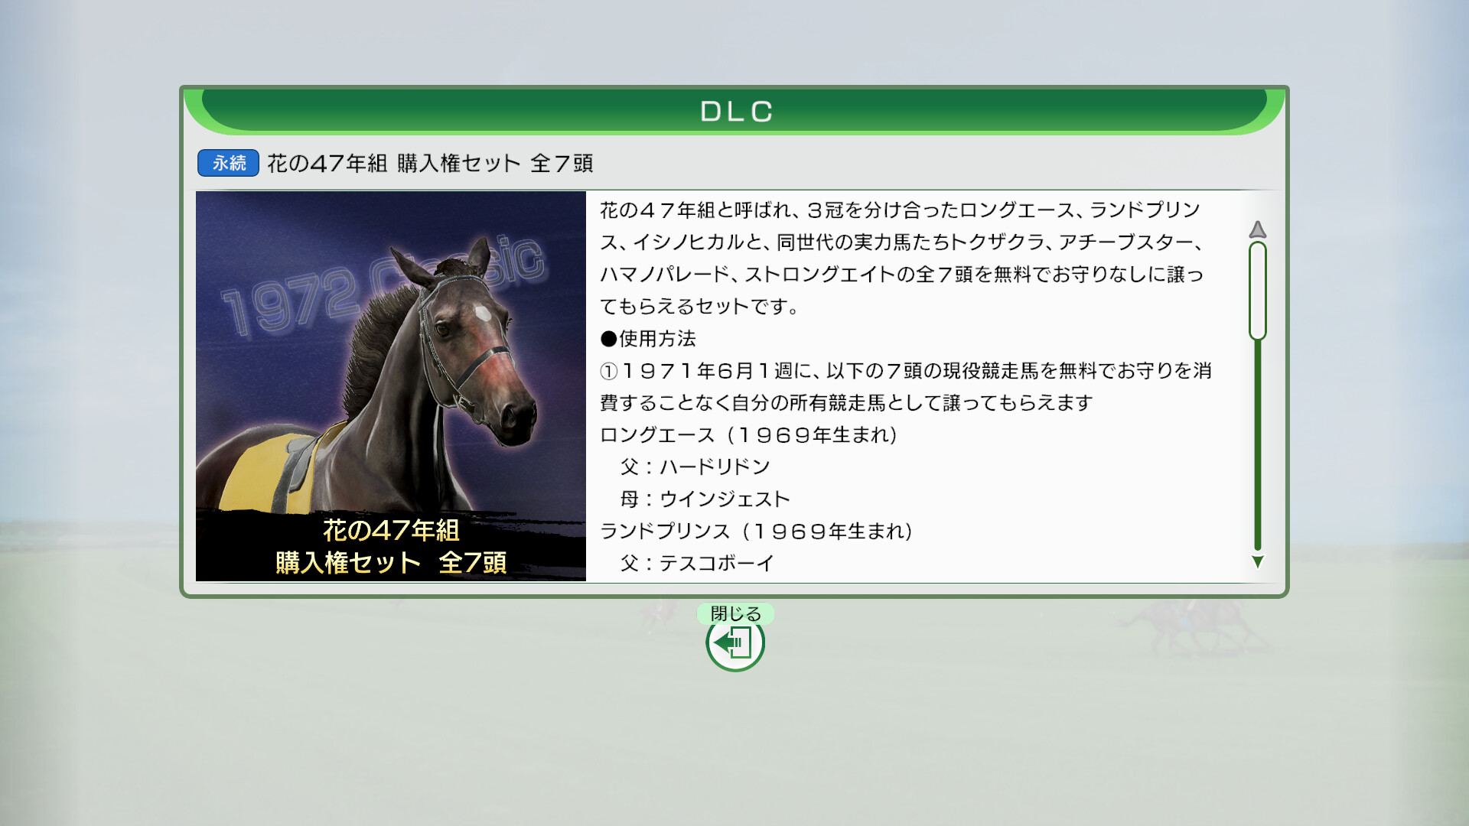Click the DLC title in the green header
736,112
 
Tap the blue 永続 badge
228,163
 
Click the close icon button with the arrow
735,643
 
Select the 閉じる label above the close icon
736,613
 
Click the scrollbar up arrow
1257,229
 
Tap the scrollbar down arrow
1257,561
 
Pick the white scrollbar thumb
1257,291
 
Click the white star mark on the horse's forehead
482,313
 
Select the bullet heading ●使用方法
648,339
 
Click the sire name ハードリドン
715,467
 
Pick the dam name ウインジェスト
725,499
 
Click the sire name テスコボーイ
717,564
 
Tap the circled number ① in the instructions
609,372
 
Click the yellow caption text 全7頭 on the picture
473,563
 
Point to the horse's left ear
480,256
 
